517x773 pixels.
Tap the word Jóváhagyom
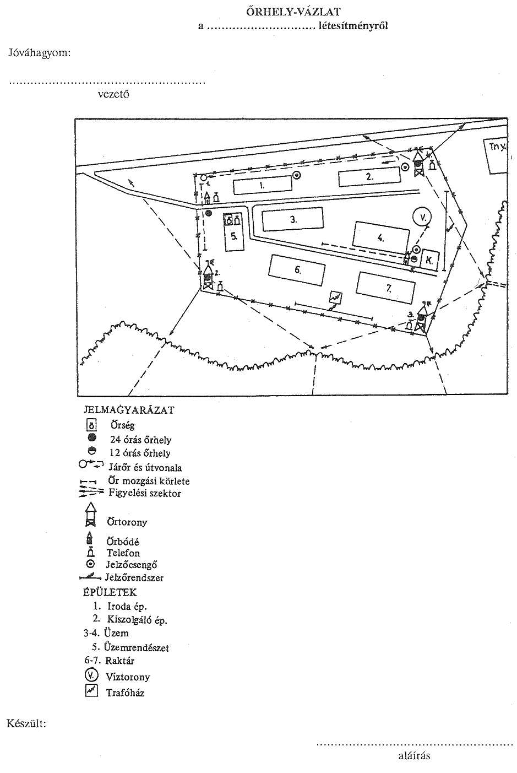(x=39, y=53)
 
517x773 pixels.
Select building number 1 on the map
(x=262, y=185)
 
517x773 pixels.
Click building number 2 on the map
(x=369, y=177)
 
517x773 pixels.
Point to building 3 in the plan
(x=292, y=219)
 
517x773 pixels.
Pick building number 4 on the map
(x=380, y=238)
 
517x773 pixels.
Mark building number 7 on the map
(x=386, y=288)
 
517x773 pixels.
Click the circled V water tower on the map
(x=422, y=218)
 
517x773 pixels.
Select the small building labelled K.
(x=428, y=259)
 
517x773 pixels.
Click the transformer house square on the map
(x=335, y=298)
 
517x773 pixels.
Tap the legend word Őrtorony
(x=127, y=522)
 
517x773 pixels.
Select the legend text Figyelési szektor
(x=144, y=493)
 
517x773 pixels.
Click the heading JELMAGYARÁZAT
(x=129, y=410)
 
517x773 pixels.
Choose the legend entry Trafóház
(x=125, y=693)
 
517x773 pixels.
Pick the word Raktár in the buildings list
(x=119, y=661)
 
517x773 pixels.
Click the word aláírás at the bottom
(x=414, y=755)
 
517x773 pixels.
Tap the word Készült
(x=26, y=723)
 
